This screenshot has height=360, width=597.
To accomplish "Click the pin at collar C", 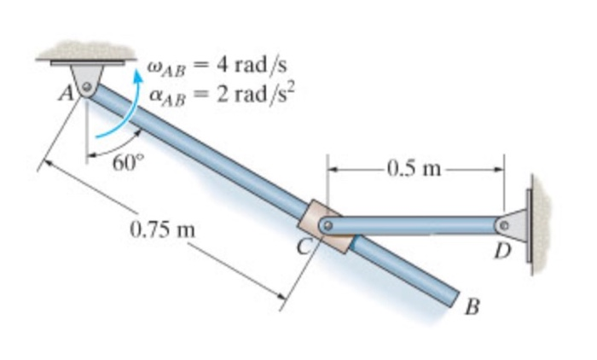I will click(x=327, y=225).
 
